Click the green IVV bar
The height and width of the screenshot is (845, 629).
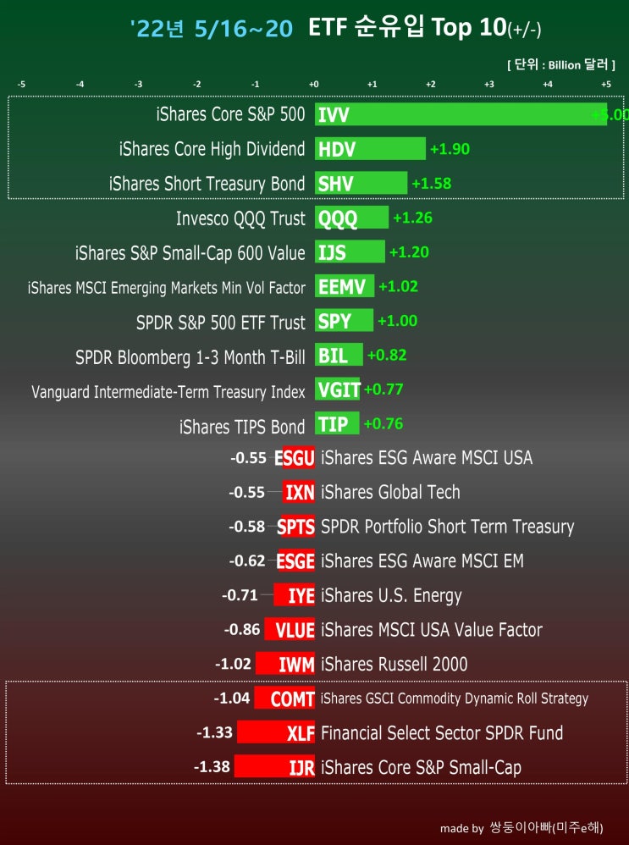tap(461, 114)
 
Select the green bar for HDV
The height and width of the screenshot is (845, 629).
tap(370, 149)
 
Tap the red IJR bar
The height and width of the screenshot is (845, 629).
tap(274, 766)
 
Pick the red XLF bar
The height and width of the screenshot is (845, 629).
tap(276, 732)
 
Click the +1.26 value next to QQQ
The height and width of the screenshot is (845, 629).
tap(412, 218)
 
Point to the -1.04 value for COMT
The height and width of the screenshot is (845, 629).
tap(232, 698)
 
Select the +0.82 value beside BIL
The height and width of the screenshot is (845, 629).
tap(386, 355)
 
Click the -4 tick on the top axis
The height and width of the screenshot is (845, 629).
tap(80, 84)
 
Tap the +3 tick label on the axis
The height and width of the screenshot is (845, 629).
tap(488, 84)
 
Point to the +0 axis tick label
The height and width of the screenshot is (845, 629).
tap(314, 84)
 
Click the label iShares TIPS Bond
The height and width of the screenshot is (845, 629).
tap(242, 427)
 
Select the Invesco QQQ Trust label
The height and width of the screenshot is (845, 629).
tap(240, 218)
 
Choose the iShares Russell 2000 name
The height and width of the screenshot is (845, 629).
tap(394, 664)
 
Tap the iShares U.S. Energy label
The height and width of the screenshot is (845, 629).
tap(391, 595)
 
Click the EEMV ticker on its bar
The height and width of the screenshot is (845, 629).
tap(342, 287)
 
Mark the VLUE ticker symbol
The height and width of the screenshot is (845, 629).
tap(295, 630)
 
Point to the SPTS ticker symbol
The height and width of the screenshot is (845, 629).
tap(296, 527)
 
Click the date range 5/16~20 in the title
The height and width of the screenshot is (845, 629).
tap(244, 28)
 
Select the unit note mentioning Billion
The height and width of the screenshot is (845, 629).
tap(561, 64)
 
